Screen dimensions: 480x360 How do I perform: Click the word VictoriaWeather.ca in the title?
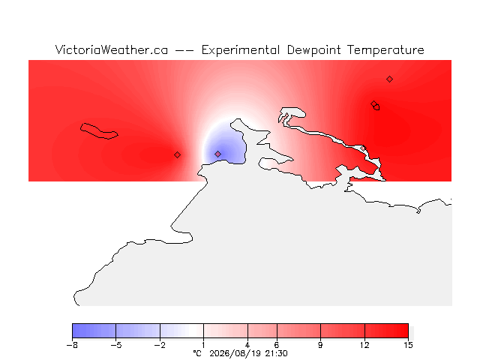coord(112,50)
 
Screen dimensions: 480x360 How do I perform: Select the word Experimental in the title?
coord(241,50)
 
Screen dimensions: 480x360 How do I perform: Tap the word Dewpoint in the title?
coord(313,50)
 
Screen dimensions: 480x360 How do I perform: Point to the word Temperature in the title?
coord(385,50)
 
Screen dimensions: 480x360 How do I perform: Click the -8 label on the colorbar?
coord(72,345)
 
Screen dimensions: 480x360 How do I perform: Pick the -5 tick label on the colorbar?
coord(116,345)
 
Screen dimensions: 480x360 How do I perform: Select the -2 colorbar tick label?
coord(160,345)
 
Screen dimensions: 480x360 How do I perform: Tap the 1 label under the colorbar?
coord(203,345)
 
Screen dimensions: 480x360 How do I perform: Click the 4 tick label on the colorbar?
coord(247,345)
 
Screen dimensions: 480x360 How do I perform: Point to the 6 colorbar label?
coord(277,345)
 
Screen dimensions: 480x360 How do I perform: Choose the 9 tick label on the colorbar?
coord(320,345)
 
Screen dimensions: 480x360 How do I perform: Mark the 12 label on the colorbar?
coord(364,345)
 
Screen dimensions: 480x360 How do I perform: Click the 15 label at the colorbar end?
coord(408,345)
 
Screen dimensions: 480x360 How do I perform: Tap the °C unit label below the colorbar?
coord(197,353)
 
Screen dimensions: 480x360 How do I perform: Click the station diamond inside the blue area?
coord(217,154)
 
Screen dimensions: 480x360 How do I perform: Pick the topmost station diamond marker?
coord(389,79)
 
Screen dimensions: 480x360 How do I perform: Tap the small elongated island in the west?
coord(99,131)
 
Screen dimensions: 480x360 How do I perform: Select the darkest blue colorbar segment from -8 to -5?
coord(94,331)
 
